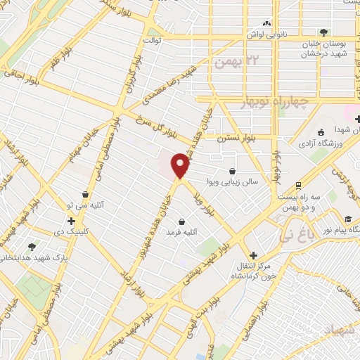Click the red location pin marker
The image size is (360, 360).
(181, 165)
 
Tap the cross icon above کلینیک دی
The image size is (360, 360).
(71, 221)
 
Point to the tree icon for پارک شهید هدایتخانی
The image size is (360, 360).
(32, 247)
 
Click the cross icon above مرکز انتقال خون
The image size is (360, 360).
(253, 256)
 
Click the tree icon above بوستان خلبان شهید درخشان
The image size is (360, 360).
(323, 32)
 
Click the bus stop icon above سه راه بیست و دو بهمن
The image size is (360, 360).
(299, 186)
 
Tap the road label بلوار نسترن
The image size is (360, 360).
(232, 137)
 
